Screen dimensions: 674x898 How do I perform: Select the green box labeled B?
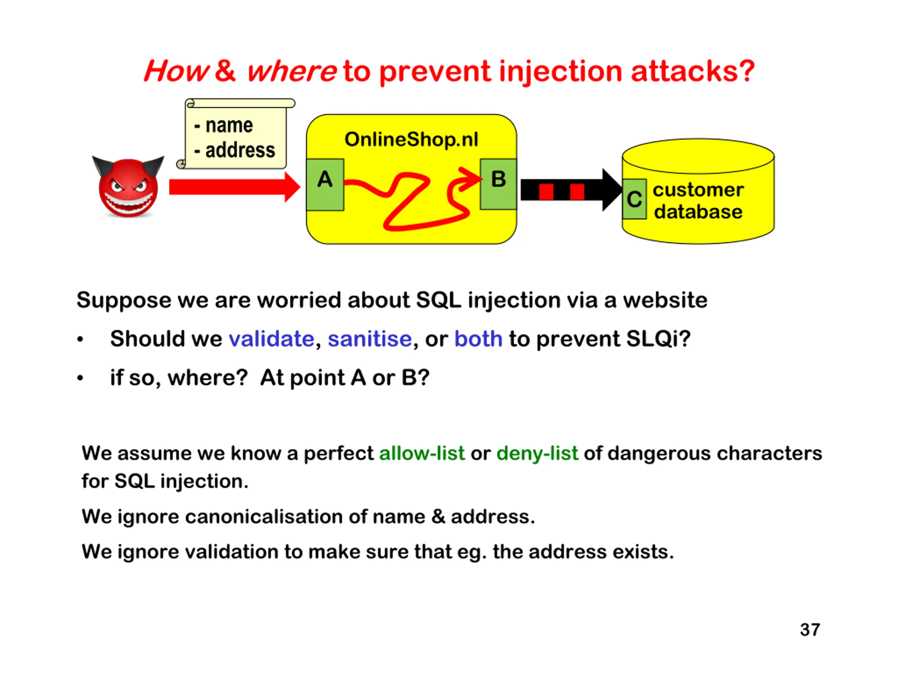tap(498, 184)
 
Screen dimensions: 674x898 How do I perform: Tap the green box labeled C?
tap(634, 199)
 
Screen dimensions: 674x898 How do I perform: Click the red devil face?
tap(128, 188)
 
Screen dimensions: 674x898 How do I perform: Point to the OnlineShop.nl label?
tap(411, 139)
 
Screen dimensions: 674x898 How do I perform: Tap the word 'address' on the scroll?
tap(240, 150)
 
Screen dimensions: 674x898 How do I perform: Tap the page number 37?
tap(810, 630)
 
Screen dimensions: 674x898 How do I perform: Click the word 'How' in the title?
tap(176, 71)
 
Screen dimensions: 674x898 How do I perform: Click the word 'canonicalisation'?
tap(263, 517)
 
